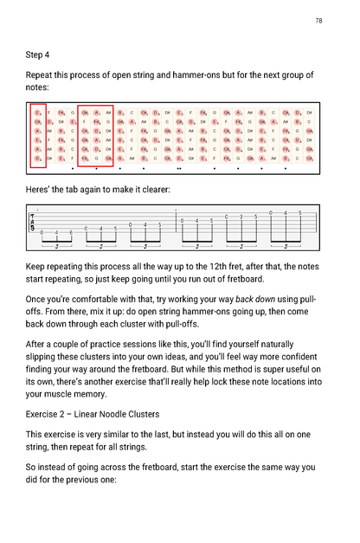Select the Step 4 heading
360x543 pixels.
(38, 55)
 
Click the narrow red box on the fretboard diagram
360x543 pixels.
(38, 135)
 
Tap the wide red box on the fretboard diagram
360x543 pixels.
(96, 135)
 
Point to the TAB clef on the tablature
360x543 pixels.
(33, 223)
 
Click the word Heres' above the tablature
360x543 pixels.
(40, 189)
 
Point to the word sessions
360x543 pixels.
(145, 343)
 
